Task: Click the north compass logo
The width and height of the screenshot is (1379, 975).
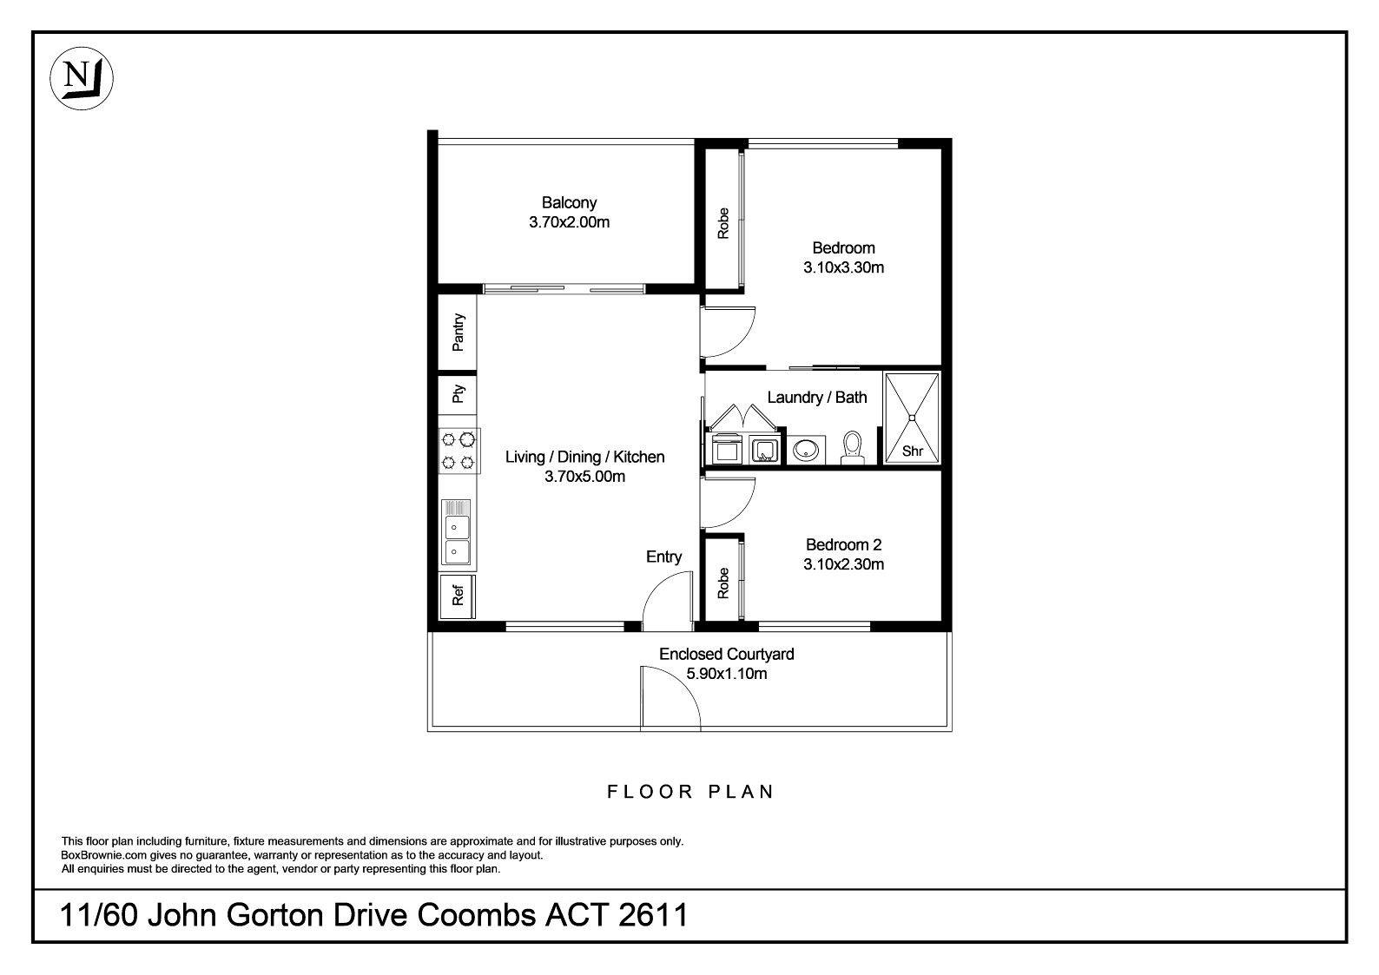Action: pos(82,78)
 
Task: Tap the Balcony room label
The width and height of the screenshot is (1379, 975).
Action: pos(569,202)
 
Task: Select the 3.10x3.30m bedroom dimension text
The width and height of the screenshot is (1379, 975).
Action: pos(843,267)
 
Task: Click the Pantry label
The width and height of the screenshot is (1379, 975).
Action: pos(458,333)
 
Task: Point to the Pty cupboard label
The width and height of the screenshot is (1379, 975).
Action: pos(458,394)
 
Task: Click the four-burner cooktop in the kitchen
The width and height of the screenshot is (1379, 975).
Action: pos(459,451)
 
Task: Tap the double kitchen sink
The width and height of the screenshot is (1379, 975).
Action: pos(456,533)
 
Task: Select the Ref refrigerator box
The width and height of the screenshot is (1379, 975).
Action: pos(457,596)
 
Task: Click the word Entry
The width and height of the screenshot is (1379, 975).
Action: pos(663,557)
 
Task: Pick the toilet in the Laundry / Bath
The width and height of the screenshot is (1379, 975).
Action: pos(853,447)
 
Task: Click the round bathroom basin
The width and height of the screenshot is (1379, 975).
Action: pos(806,450)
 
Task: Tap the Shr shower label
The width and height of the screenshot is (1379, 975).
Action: pos(913,451)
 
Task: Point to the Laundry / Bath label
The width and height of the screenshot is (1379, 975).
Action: pos(817,398)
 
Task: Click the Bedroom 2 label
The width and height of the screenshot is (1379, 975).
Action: pos(843,544)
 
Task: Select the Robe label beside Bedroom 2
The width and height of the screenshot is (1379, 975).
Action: pos(723,583)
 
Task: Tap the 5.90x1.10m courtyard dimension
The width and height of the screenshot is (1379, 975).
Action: pos(727,674)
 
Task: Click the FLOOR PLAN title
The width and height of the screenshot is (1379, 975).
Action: pos(690,792)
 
